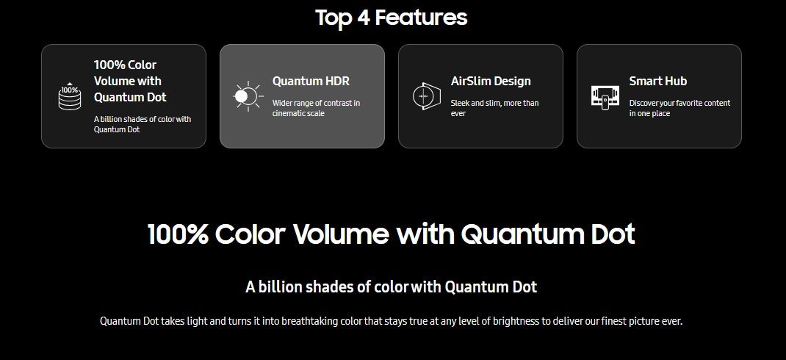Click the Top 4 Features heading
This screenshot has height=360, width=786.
[x=391, y=18]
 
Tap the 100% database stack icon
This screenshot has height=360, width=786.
[x=70, y=96]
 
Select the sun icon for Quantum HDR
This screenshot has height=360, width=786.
[x=248, y=96]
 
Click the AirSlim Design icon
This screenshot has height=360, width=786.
[x=427, y=96]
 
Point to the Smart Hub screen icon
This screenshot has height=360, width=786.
[x=605, y=97]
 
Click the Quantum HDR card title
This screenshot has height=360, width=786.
[x=311, y=81]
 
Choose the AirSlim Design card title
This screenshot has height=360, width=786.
[x=491, y=81]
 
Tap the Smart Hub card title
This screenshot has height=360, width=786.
[x=657, y=81]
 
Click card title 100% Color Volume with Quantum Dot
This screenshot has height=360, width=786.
[x=130, y=81]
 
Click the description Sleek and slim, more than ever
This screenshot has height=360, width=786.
[x=495, y=108]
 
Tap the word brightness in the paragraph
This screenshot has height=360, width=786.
[x=517, y=321]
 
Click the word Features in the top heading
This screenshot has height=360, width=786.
[x=421, y=18]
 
